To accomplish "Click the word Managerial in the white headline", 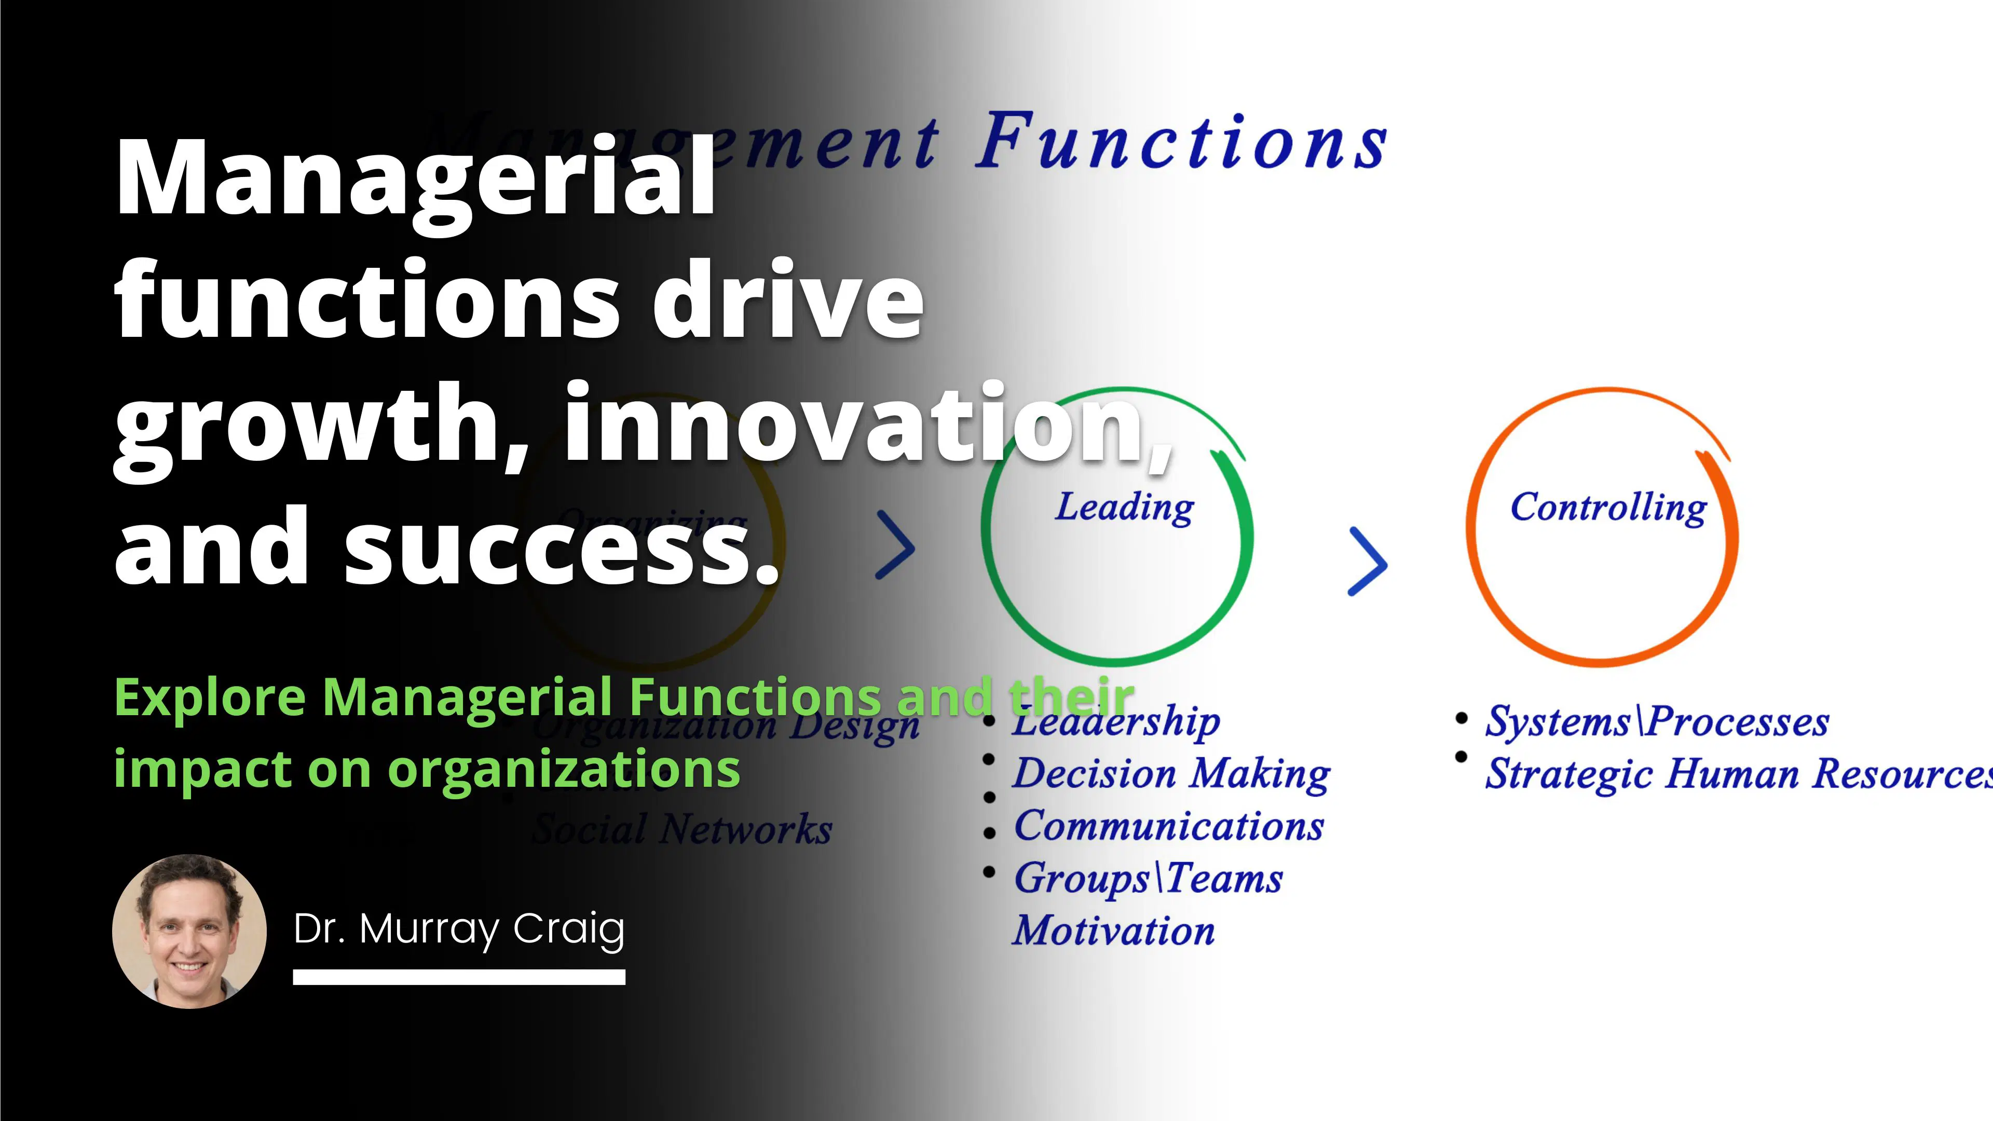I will [x=415, y=180].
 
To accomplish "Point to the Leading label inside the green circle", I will [x=1124, y=508].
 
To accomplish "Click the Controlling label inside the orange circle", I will [x=1608, y=508].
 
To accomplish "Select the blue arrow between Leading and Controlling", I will [x=1367, y=562].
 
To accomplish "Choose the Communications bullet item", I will [x=1169, y=826].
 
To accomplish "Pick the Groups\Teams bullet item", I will [x=1148, y=878].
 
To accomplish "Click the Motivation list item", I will [x=1114, y=931].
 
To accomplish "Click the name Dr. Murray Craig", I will [x=459, y=928].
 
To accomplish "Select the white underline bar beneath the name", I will [x=459, y=978].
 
